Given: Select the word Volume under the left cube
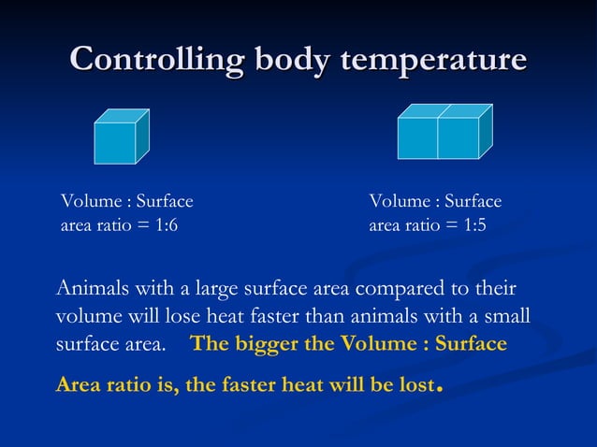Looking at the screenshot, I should point(87,202).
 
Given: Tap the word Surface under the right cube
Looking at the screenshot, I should point(473,202).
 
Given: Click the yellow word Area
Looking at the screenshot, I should point(78,384).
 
